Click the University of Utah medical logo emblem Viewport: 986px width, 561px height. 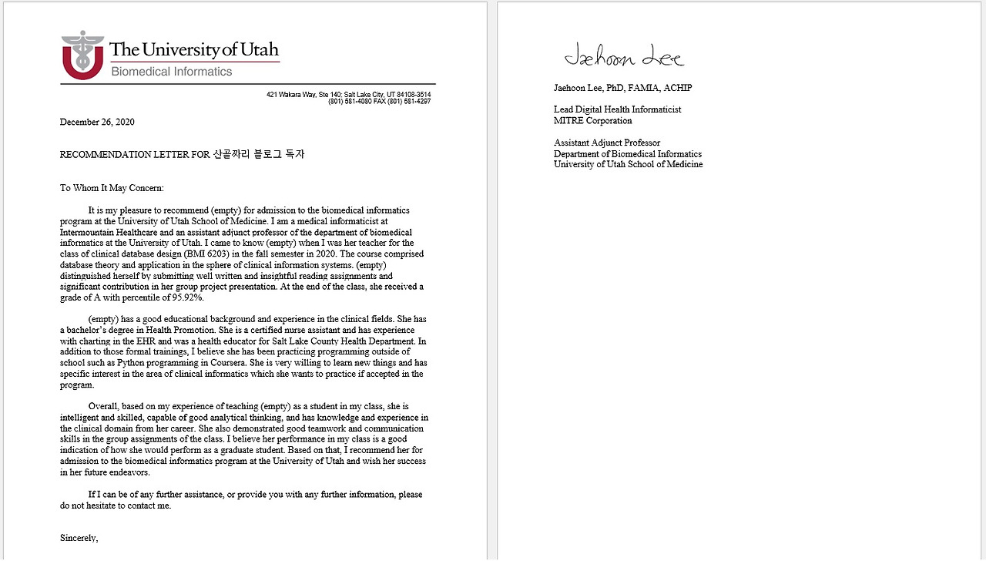82,55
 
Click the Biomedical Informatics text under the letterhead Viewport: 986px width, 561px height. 171,72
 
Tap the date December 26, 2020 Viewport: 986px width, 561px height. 97,122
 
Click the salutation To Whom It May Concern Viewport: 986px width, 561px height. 112,188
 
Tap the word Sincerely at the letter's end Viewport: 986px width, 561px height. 79,538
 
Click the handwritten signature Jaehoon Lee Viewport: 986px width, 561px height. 623,56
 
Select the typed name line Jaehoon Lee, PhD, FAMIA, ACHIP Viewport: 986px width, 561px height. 622,88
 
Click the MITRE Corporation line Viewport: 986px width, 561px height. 592,121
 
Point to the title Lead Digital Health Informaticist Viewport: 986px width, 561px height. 617,109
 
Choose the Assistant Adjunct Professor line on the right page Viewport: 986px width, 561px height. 606,143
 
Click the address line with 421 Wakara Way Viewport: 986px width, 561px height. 348,95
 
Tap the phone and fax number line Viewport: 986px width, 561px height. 379,102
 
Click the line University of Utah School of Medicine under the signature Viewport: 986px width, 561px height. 628,164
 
